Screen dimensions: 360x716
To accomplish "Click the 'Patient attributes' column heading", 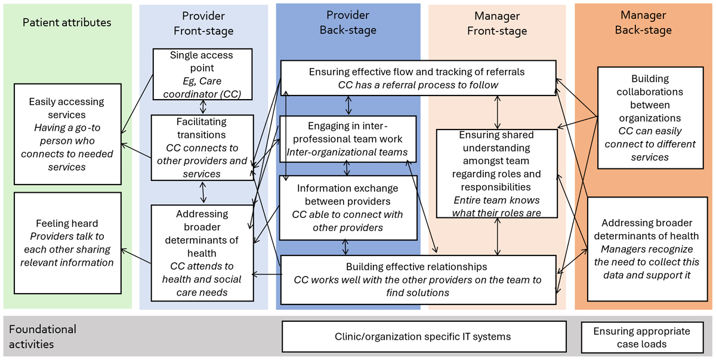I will point(67,23).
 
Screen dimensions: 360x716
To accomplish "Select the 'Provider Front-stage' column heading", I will point(203,23).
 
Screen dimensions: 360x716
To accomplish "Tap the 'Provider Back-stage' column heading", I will point(348,22).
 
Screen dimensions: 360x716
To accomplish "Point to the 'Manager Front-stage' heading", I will point(496,23).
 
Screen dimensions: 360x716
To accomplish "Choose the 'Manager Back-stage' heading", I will point(643,22).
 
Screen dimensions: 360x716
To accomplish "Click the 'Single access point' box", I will point(202,74).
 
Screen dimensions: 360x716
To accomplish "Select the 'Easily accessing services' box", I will point(67,134).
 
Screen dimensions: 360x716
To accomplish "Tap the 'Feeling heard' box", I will point(67,243).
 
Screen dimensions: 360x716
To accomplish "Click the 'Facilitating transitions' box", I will point(202,147).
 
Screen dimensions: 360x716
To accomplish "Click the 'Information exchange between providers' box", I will point(348,207).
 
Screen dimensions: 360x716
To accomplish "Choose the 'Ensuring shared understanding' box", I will point(496,174).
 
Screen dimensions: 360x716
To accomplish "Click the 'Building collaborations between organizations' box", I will point(650,118).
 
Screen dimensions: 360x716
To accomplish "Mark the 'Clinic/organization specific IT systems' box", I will point(422,337).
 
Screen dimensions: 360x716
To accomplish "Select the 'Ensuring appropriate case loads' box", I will point(641,337).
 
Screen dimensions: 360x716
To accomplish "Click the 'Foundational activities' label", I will point(43,337).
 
